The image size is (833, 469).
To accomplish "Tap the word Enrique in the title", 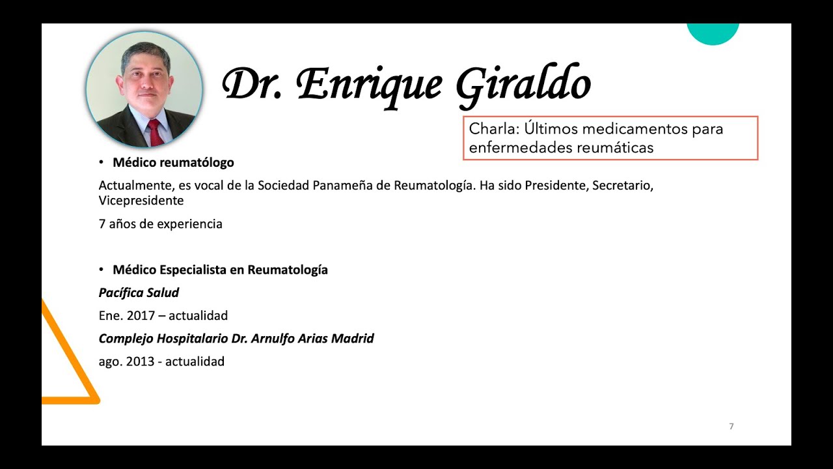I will pos(370,85).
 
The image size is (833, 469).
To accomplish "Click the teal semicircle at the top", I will pos(713,33).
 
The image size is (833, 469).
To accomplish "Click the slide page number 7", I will pos(731,427).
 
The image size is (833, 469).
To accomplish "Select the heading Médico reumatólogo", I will pos(173,163).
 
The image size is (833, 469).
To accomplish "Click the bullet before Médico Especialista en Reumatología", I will pos(102,269).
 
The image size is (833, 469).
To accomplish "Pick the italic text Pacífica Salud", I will pos(139,292).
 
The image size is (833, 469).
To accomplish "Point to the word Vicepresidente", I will pos(141,201).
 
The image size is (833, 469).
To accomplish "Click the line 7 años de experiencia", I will pos(160,224).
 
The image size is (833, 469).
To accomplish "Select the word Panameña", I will pos(351,186).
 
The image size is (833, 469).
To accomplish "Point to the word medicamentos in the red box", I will pos(614,129).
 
